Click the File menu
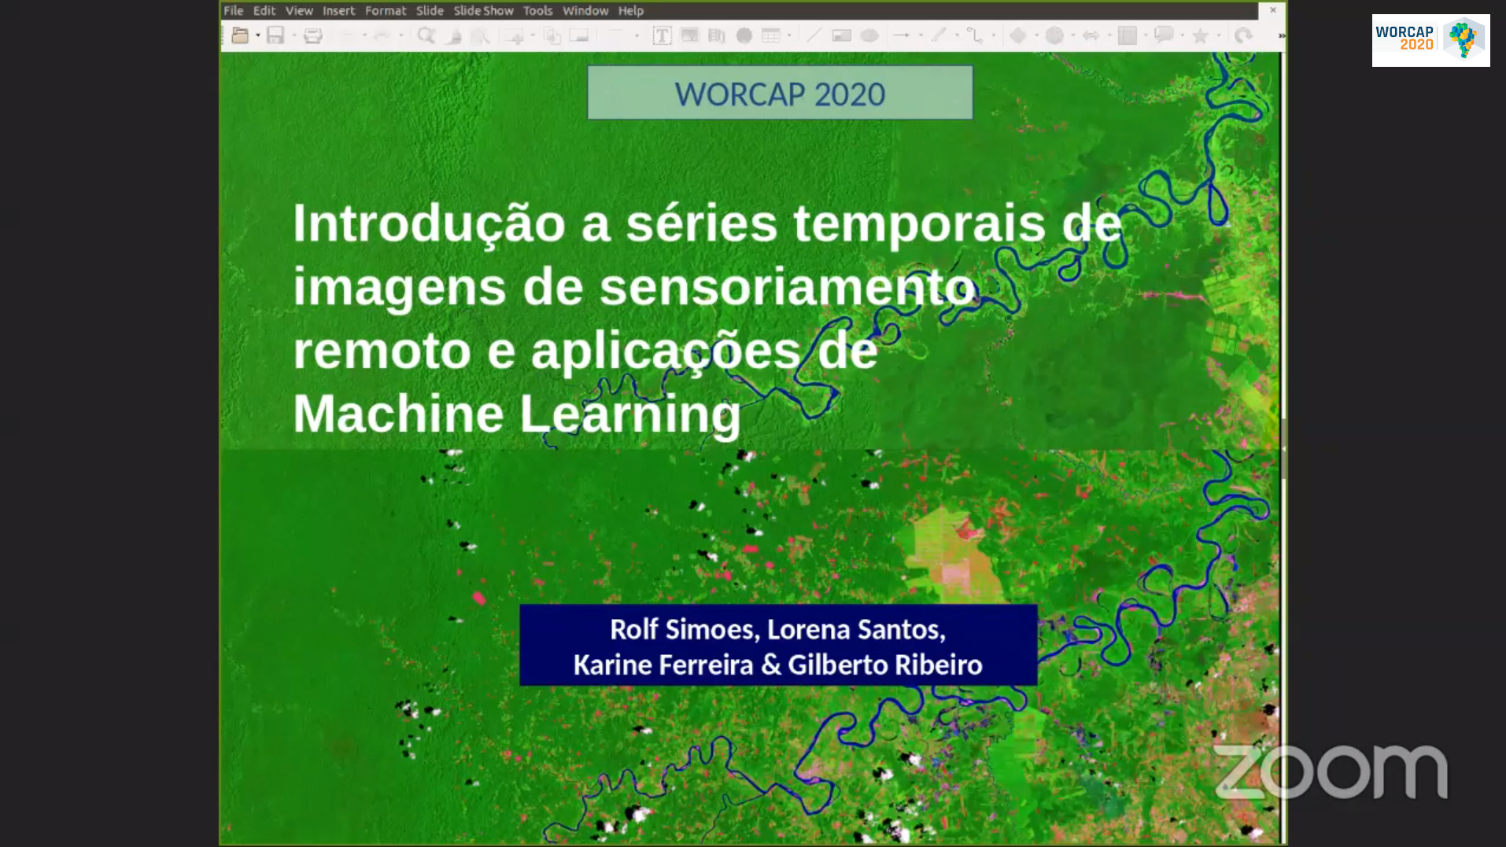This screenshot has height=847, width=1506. click(233, 10)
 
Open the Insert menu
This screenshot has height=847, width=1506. click(338, 10)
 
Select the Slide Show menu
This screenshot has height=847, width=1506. click(483, 10)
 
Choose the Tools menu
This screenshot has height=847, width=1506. click(537, 10)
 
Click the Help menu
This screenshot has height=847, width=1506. click(630, 10)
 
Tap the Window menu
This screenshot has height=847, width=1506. click(585, 10)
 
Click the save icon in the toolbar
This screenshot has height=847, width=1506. click(275, 35)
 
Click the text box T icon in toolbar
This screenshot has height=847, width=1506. click(662, 35)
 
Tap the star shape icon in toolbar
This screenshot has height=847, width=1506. click(1200, 35)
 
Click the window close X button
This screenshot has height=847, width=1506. click(1272, 10)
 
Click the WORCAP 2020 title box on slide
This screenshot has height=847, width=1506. click(780, 93)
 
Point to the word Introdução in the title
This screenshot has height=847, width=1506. click(429, 224)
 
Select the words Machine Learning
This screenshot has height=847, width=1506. click(517, 414)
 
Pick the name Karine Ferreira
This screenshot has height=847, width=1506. click(663, 665)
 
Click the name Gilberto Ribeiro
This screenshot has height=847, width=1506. click(885, 665)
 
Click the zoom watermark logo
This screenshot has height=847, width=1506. click(1331, 772)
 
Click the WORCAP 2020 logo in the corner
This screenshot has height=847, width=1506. click(1430, 40)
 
